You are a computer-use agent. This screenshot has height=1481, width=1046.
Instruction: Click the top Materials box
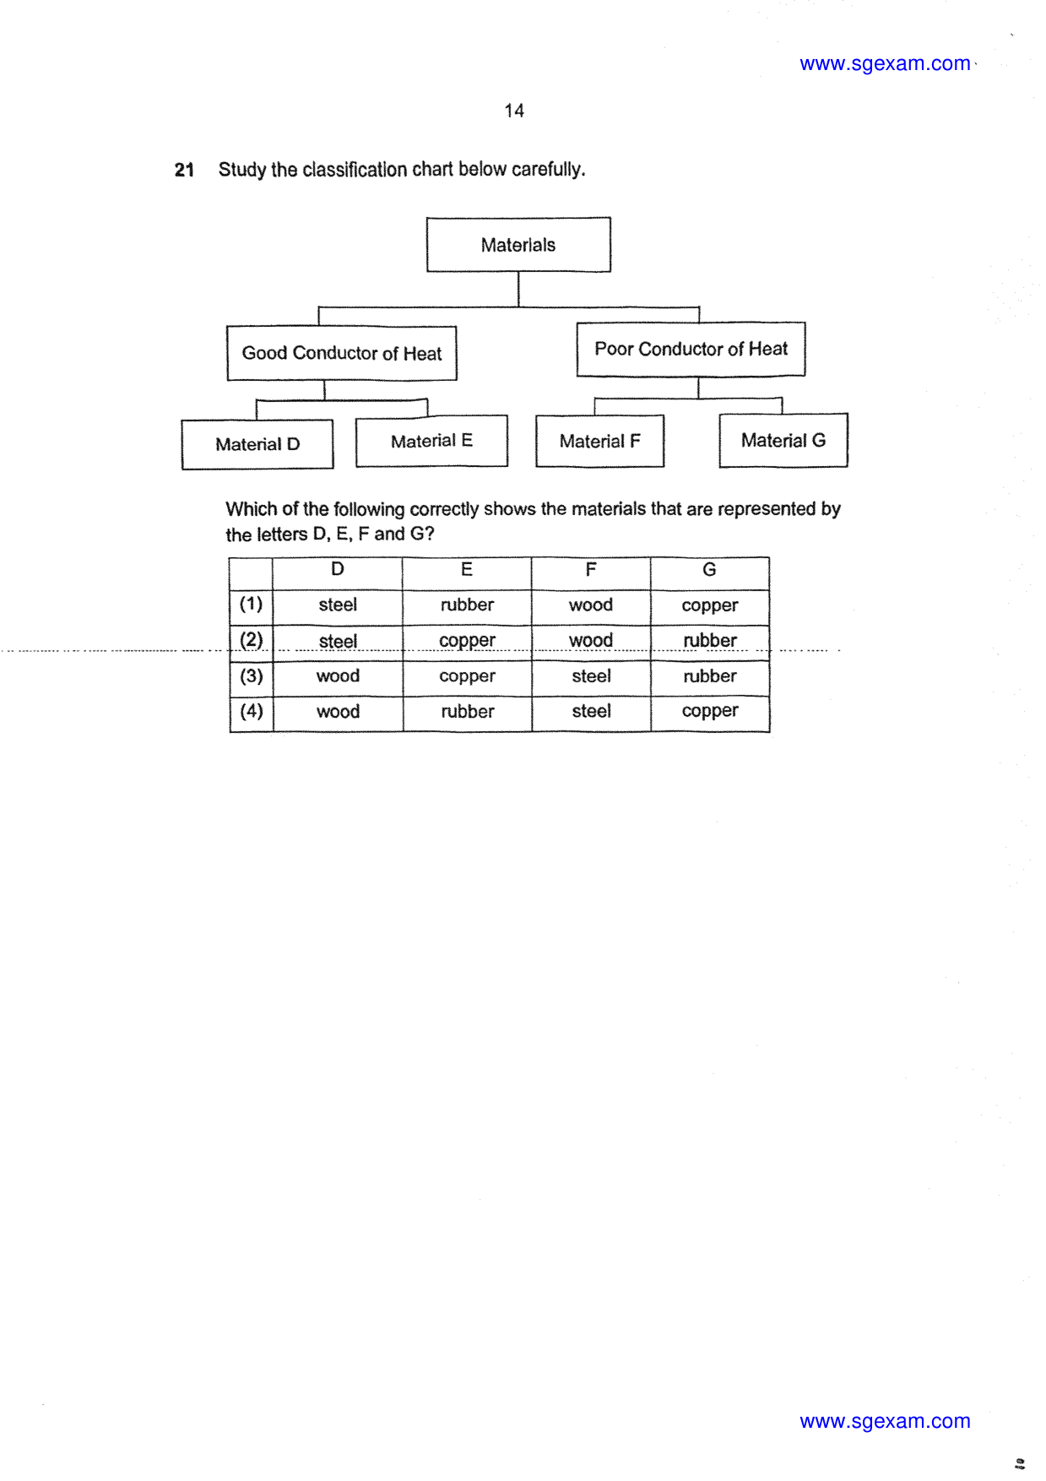tap(518, 245)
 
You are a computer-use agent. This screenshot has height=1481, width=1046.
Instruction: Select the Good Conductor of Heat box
tap(342, 353)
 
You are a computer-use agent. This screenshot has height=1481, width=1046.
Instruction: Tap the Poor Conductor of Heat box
tap(691, 349)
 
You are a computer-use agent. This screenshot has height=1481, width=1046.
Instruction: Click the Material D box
tap(257, 444)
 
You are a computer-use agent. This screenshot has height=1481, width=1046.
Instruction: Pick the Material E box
tap(431, 441)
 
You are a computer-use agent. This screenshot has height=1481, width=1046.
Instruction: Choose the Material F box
tap(599, 441)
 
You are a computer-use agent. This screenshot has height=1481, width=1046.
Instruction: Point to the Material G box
tap(783, 440)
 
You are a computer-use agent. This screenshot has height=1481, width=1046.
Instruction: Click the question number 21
tap(184, 170)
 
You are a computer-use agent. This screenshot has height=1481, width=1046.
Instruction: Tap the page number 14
tap(514, 111)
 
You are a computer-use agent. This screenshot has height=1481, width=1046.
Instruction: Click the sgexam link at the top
tap(885, 63)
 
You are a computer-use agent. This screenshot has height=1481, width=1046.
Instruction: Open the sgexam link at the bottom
tap(885, 1421)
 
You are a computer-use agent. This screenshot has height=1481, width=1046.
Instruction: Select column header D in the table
tap(337, 570)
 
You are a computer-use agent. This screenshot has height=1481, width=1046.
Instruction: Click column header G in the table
tap(709, 570)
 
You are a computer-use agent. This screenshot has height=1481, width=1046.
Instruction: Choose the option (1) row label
tap(251, 604)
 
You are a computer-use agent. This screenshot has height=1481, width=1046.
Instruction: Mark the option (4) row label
tap(251, 711)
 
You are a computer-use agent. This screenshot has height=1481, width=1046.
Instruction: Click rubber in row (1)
tap(467, 605)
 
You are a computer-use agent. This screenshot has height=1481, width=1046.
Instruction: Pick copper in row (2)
tap(467, 641)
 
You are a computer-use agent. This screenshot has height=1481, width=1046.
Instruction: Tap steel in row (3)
tap(591, 676)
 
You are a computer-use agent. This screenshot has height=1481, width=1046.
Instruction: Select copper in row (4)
tap(710, 712)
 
